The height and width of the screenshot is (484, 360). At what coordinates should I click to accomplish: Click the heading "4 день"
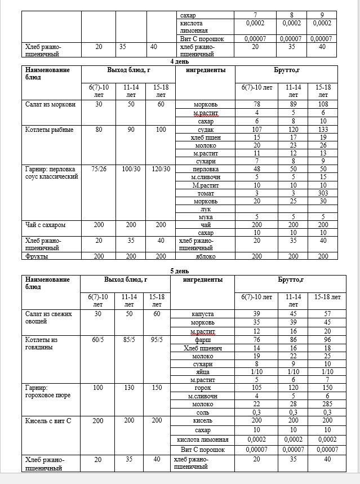[181, 61]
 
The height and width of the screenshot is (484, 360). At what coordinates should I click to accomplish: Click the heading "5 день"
[181, 270]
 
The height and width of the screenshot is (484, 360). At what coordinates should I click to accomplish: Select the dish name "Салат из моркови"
[46, 105]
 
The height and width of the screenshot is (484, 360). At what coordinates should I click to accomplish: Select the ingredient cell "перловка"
[206, 168]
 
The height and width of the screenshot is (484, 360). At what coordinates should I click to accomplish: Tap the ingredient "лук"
[206, 208]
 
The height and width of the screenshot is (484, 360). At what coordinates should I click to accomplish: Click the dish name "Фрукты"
[36, 256]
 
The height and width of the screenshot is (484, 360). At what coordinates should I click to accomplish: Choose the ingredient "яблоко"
[206, 256]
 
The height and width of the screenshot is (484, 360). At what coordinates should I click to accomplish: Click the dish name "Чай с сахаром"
[46, 225]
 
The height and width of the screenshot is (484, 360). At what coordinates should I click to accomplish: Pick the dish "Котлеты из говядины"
[42, 343]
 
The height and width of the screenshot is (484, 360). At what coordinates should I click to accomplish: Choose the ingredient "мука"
[206, 217]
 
